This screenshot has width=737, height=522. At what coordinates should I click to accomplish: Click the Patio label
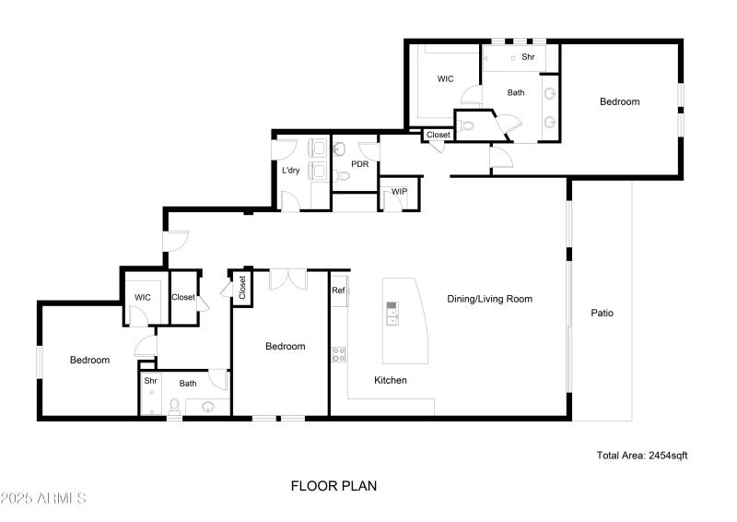602,313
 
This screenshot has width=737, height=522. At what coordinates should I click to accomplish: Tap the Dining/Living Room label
489,299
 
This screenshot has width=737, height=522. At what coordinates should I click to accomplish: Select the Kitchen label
390,380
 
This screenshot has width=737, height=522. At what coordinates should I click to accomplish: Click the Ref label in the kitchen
338,291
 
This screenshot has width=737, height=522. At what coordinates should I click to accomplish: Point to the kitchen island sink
392,314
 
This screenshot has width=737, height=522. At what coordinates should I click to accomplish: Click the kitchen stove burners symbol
338,351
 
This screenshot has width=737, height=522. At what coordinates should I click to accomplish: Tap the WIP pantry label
399,192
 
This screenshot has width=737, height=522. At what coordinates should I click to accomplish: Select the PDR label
359,163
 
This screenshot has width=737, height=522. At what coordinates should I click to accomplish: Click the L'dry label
290,171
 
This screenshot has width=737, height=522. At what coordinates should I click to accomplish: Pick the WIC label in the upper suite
445,79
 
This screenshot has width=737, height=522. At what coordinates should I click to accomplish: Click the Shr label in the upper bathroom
528,57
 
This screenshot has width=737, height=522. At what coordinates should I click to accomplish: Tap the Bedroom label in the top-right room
619,101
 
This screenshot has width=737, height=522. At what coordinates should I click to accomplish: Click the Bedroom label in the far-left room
89,360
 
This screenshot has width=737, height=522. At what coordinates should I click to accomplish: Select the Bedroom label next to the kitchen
285,347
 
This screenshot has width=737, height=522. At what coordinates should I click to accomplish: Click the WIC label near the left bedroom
142,297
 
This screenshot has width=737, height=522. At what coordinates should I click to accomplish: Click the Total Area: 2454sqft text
642,456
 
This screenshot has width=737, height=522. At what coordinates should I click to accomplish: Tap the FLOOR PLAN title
333,485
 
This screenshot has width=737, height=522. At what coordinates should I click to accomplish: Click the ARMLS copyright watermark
43,499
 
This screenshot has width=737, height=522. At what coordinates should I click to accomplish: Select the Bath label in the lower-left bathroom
188,384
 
